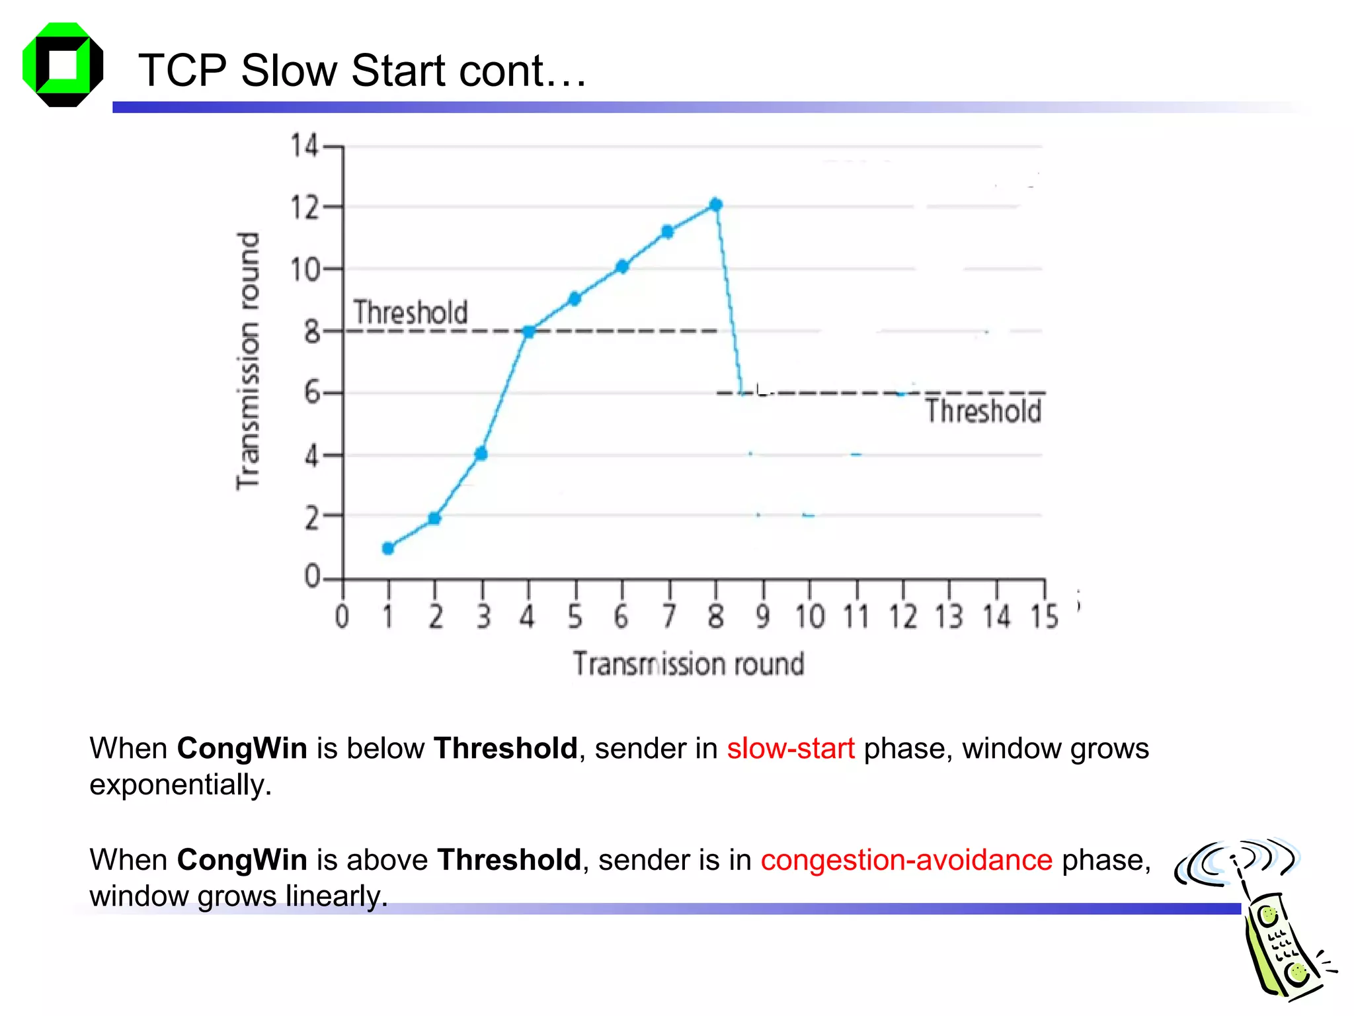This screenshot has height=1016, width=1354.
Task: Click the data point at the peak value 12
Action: (x=715, y=204)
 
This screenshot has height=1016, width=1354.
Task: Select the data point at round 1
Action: (x=388, y=548)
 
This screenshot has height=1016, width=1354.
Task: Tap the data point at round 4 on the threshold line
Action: (x=528, y=331)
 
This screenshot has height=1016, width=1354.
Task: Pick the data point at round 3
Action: (x=481, y=454)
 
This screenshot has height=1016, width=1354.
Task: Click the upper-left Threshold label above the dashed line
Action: (x=410, y=312)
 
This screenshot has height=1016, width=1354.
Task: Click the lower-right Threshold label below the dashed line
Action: (x=982, y=411)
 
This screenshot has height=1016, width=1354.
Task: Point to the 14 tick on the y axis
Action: (x=305, y=146)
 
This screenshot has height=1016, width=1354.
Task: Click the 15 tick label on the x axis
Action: (x=1044, y=616)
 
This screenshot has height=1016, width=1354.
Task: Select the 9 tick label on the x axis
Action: (x=763, y=616)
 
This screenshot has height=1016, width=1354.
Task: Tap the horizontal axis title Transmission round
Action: (x=688, y=664)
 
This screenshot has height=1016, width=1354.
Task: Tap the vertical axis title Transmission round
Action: (x=249, y=360)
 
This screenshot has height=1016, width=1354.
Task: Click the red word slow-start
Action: (x=791, y=749)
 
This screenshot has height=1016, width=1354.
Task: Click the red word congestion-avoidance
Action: (x=906, y=860)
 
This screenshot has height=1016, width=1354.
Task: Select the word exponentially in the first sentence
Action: (x=180, y=785)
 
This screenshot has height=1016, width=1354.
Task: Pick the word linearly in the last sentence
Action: (x=335, y=896)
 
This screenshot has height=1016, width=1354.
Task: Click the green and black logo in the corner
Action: (x=63, y=65)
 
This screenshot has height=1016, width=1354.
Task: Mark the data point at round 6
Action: (x=621, y=267)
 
